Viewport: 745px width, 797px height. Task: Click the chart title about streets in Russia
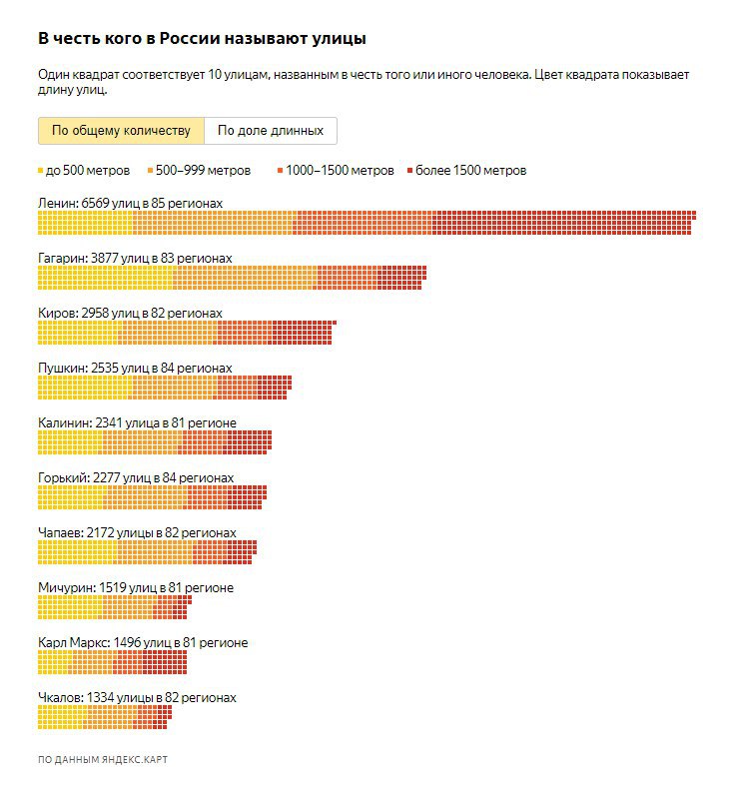pyautogui.click(x=202, y=38)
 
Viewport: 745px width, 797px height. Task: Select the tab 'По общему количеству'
pyautogui.click(x=121, y=131)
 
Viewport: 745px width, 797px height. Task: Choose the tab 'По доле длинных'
pyautogui.click(x=271, y=131)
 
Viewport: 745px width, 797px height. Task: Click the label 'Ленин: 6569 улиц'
pyautogui.click(x=130, y=203)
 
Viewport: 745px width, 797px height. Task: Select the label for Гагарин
pyautogui.click(x=135, y=258)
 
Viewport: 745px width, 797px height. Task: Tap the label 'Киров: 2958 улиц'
pyautogui.click(x=130, y=313)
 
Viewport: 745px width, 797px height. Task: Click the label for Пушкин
pyautogui.click(x=135, y=368)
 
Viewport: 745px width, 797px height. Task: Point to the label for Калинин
pyautogui.click(x=137, y=422)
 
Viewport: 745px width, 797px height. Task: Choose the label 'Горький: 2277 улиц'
pyautogui.click(x=135, y=477)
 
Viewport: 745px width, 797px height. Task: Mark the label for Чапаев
pyautogui.click(x=137, y=532)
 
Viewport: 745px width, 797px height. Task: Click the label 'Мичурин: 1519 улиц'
pyautogui.click(x=135, y=587)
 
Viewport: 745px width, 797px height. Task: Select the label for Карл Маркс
pyautogui.click(x=142, y=642)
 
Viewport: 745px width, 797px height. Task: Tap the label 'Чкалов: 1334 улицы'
pyautogui.click(x=137, y=697)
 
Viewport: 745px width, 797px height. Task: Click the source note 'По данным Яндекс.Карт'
pyautogui.click(x=103, y=760)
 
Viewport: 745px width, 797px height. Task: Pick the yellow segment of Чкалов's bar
pyautogui.click(x=61, y=718)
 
